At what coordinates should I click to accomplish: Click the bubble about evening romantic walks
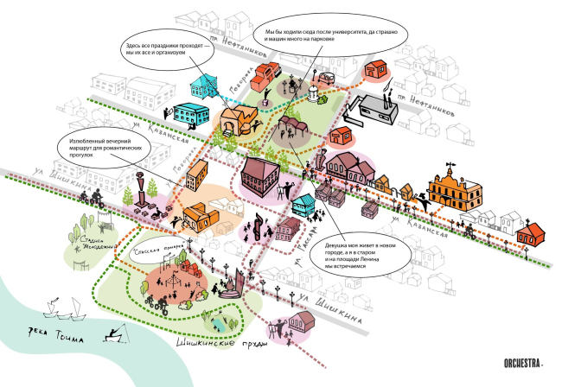click(x=107, y=149)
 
